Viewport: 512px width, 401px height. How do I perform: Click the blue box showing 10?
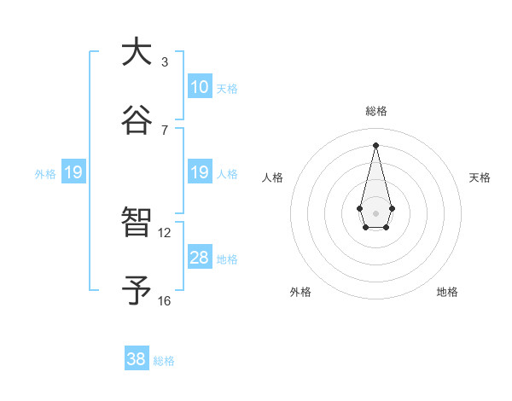(199, 87)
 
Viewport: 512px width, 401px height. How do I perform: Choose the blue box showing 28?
(199, 258)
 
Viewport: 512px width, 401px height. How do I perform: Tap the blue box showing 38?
(137, 359)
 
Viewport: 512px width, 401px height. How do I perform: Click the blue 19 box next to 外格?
(73, 172)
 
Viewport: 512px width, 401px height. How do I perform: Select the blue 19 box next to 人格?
(199, 172)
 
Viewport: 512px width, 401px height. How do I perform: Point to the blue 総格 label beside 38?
(164, 361)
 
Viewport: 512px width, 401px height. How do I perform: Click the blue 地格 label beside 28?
(227, 259)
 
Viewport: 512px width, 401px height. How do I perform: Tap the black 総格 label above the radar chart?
(375, 111)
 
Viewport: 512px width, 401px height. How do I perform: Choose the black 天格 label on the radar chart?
(480, 177)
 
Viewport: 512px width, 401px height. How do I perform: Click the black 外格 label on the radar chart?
(300, 292)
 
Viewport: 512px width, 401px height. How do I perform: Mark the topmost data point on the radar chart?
(375, 144)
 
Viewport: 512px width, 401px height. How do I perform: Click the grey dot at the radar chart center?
(375, 212)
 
